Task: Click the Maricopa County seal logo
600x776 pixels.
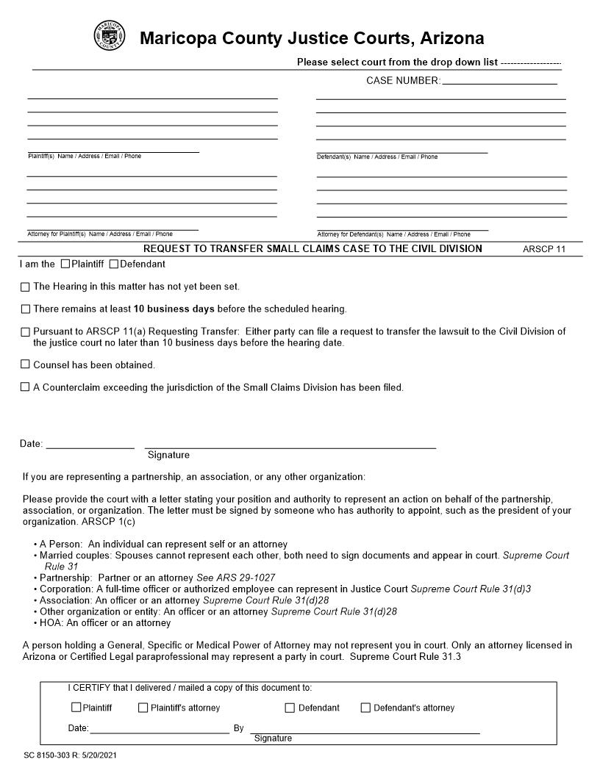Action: pos(110,36)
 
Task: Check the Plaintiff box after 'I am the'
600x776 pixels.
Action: pos(65,264)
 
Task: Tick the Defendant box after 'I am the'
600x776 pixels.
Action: pos(114,264)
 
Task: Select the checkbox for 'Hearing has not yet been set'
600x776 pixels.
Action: pos(26,287)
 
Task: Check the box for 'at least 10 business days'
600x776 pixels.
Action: pos(26,309)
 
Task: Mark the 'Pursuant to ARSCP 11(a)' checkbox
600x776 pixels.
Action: pos(26,332)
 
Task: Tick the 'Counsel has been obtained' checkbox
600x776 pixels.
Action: pos(26,364)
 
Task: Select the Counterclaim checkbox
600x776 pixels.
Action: pos(26,387)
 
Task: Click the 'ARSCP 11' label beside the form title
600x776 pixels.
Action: pos(544,249)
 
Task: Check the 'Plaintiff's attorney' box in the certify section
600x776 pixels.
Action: pos(143,708)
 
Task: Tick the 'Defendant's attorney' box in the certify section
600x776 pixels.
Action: pos(365,708)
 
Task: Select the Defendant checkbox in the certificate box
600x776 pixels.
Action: pos(290,708)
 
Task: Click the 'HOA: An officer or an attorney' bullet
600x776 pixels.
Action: pos(105,623)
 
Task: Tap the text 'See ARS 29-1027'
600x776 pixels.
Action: pos(235,578)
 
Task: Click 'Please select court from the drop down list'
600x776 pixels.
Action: pos(397,62)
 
